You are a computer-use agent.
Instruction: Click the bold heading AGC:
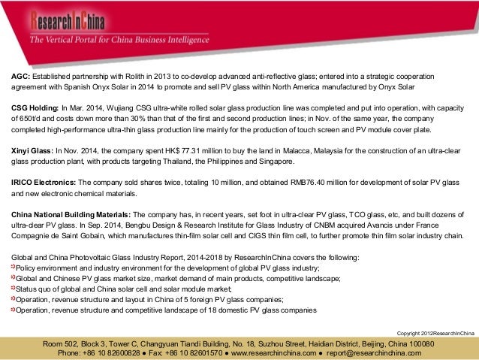point(20,77)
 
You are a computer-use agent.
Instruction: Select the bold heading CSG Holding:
point(35,108)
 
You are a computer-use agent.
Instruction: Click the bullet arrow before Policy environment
point(13,268)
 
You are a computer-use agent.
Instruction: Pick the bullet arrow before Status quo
point(13,289)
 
